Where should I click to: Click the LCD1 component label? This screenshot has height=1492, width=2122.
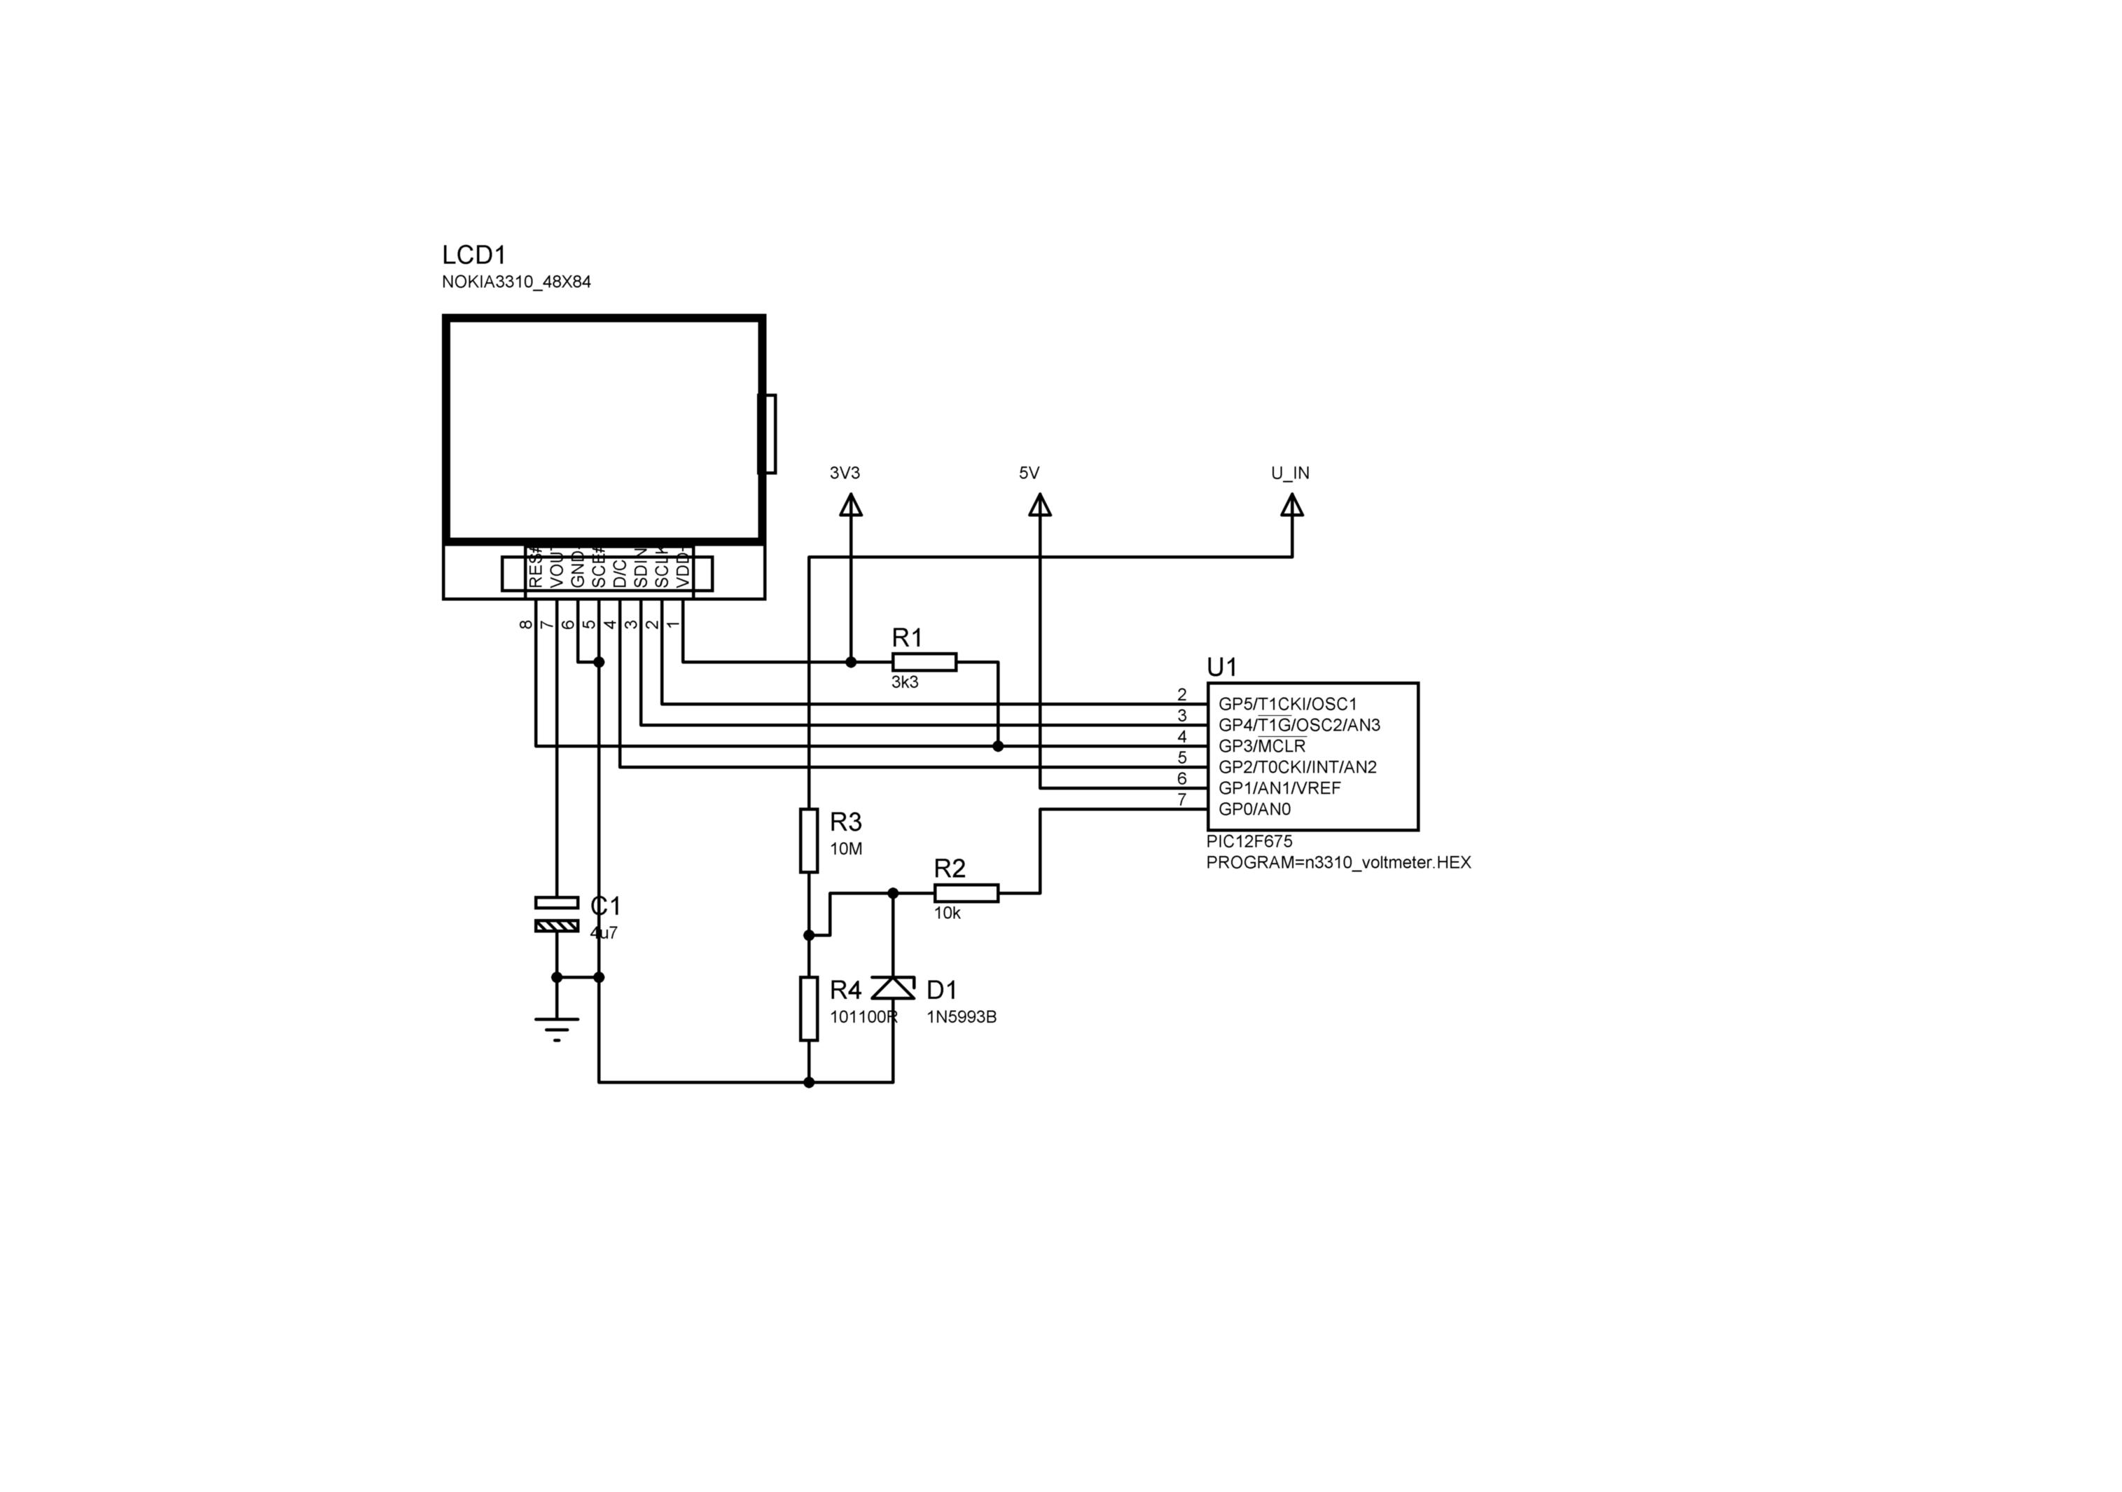click(473, 255)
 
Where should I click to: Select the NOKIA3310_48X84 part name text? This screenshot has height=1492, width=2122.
click(515, 282)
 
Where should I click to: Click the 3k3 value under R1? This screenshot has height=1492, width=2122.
click(905, 683)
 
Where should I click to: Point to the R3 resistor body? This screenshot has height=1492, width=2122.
click(809, 841)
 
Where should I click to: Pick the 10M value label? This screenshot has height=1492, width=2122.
click(846, 848)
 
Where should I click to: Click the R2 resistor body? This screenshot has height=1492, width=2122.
click(966, 893)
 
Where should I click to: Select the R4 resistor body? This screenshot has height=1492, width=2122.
click(809, 1009)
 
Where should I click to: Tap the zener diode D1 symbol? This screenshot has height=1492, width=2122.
click(893, 988)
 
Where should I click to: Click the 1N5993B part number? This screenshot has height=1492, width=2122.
click(961, 1018)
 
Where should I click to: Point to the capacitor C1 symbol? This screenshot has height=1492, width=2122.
click(556, 913)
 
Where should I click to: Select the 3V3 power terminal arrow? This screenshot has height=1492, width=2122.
click(850, 506)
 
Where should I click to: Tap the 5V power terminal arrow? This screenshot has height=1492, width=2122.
click(1040, 506)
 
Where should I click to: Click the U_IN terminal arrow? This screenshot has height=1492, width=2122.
click(1292, 506)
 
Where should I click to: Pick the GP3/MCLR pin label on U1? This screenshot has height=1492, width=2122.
click(1261, 746)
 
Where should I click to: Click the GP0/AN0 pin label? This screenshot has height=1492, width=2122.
click(1254, 809)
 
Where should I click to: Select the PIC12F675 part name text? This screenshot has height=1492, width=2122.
click(1249, 841)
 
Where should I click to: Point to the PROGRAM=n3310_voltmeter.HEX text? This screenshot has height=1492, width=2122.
click(1338, 862)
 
